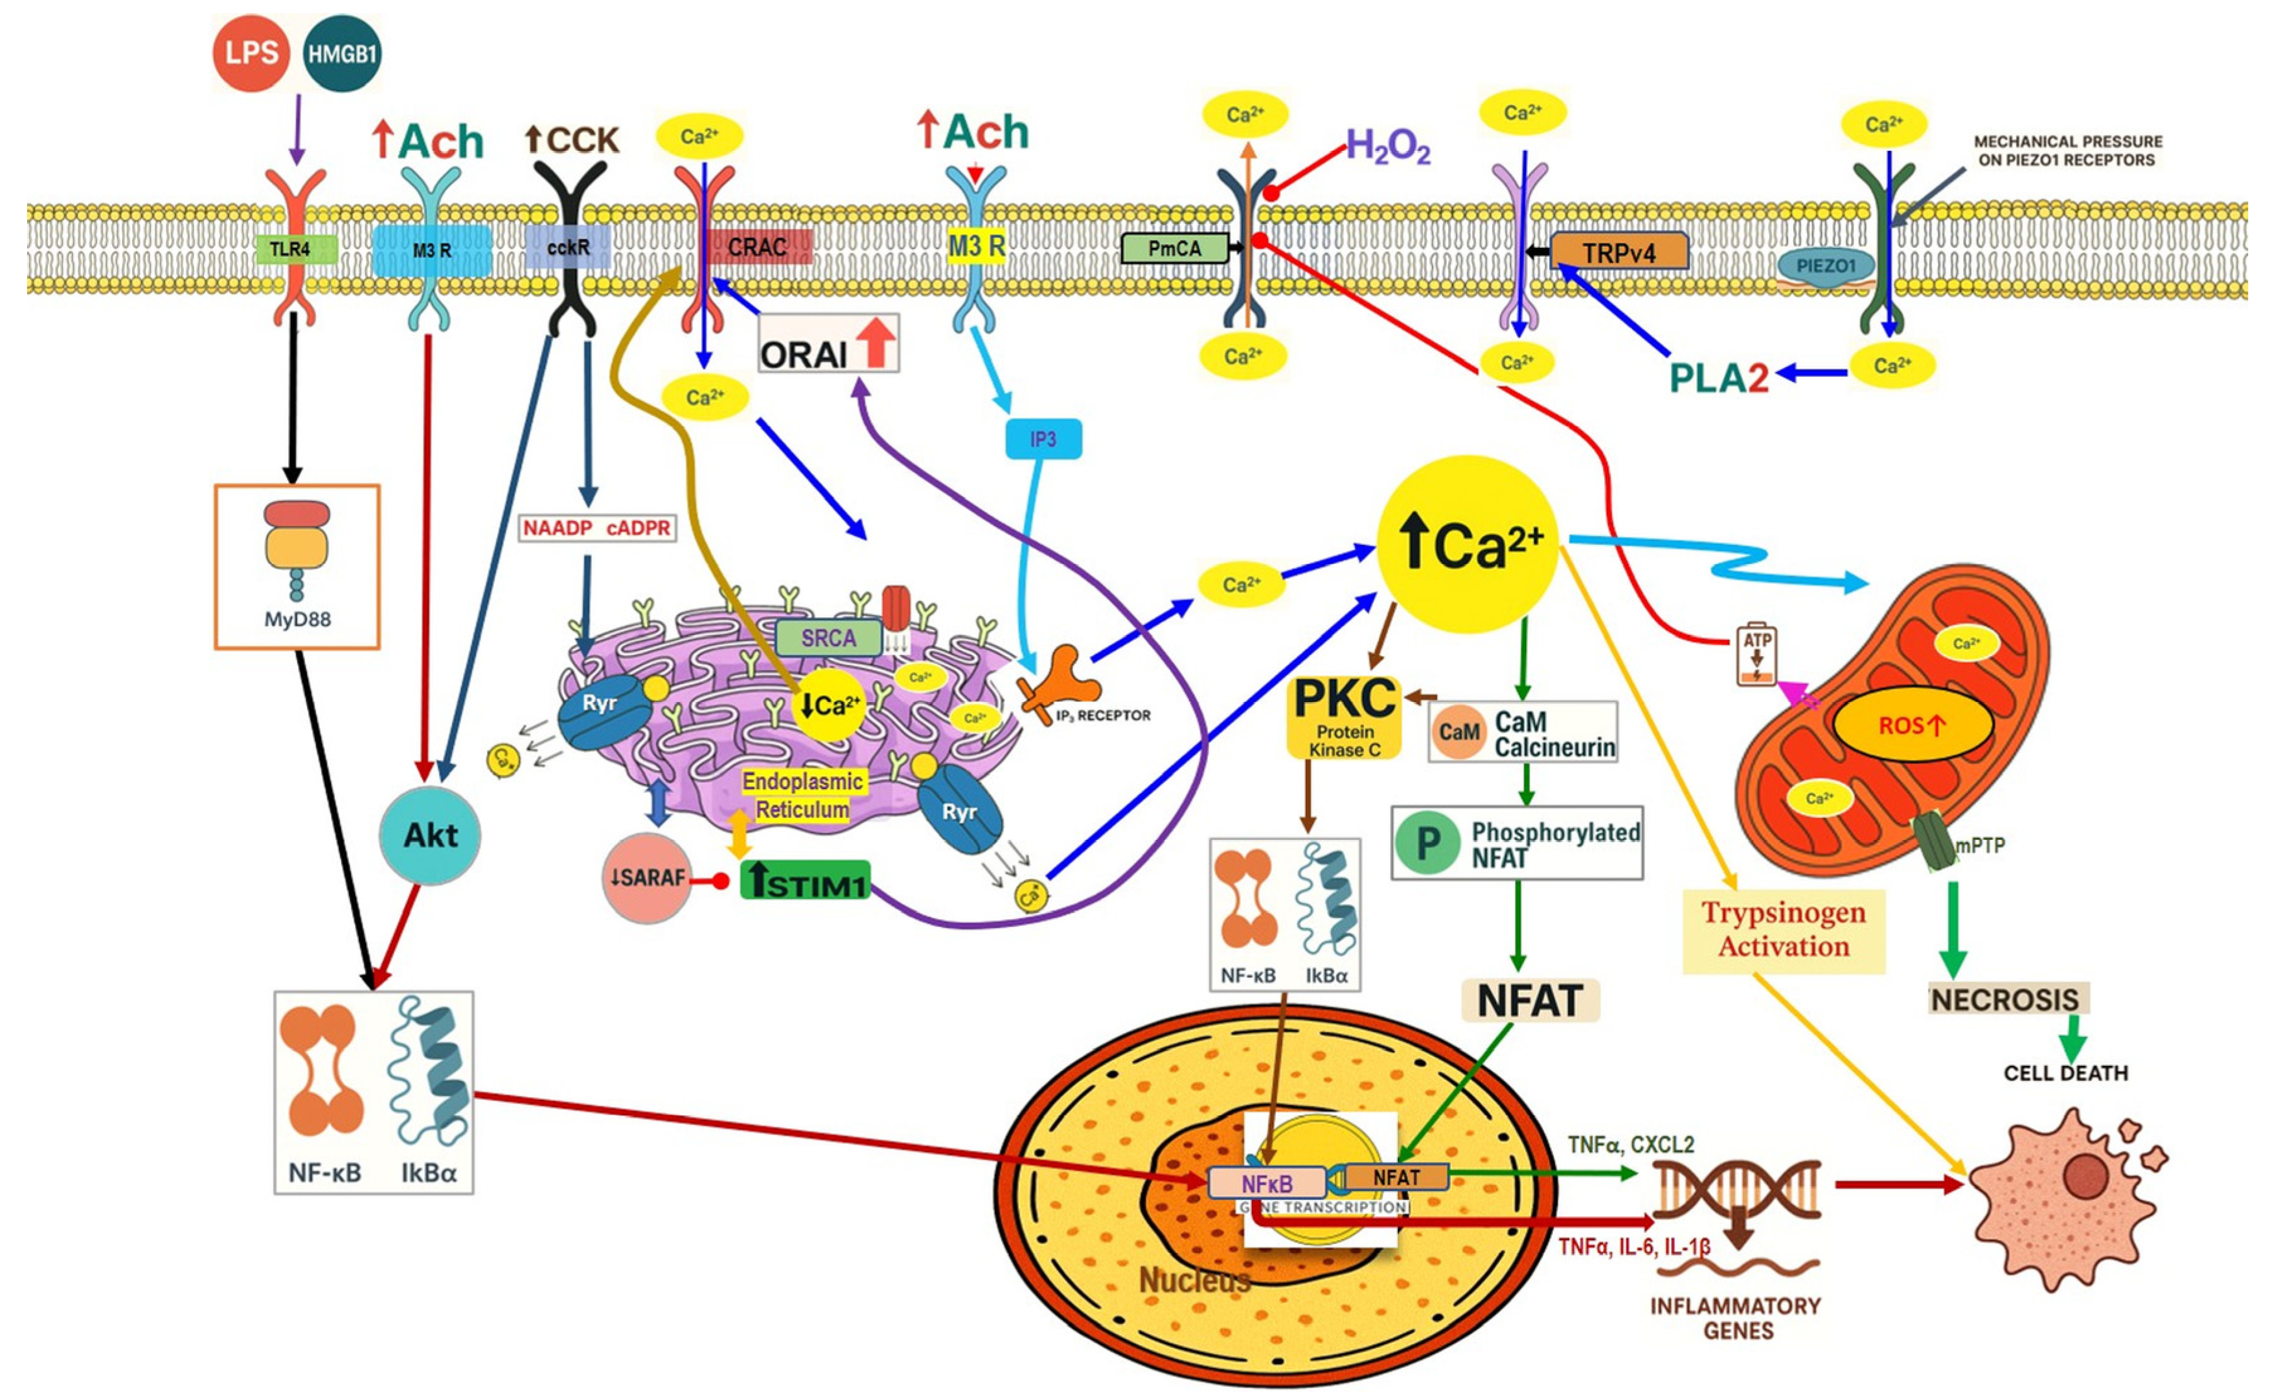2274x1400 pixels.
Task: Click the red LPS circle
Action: [251, 53]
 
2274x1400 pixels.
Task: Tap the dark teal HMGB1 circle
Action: [342, 53]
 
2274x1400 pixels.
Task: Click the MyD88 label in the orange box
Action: [296, 619]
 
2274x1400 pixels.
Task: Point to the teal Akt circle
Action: [431, 835]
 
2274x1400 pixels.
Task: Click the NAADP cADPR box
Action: [596, 528]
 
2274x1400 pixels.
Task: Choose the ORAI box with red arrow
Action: [828, 344]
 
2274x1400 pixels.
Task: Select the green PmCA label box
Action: [1174, 248]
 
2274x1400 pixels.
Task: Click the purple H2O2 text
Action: [1387, 147]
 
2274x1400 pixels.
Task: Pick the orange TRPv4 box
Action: [1618, 252]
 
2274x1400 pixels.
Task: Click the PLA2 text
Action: [1718, 377]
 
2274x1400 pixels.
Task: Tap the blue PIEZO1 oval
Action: [1826, 266]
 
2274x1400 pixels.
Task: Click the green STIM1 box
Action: [804, 880]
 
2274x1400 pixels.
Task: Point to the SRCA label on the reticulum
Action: [828, 638]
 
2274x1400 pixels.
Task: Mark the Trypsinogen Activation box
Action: [1783, 929]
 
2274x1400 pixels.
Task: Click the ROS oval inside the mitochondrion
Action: [1913, 725]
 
